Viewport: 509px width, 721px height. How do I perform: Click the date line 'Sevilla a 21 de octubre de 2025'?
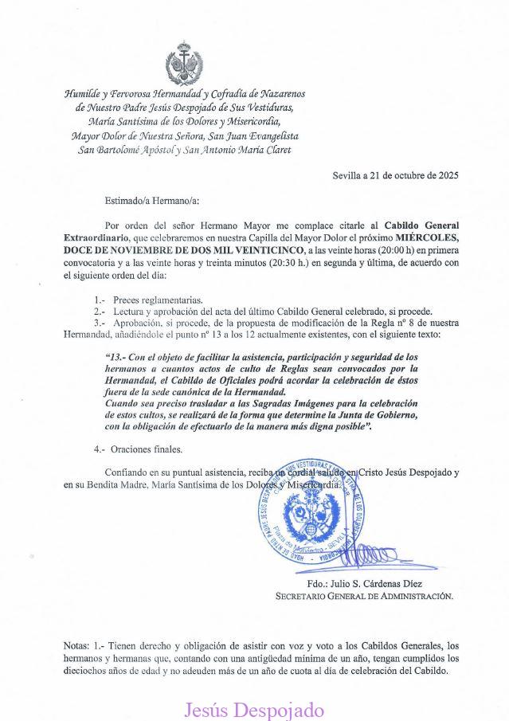click(x=395, y=175)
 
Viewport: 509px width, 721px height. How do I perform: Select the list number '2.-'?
click(x=100, y=311)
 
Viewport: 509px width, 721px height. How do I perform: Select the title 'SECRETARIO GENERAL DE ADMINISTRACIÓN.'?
click(x=364, y=595)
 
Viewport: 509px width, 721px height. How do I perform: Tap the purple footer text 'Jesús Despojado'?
click(x=254, y=709)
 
